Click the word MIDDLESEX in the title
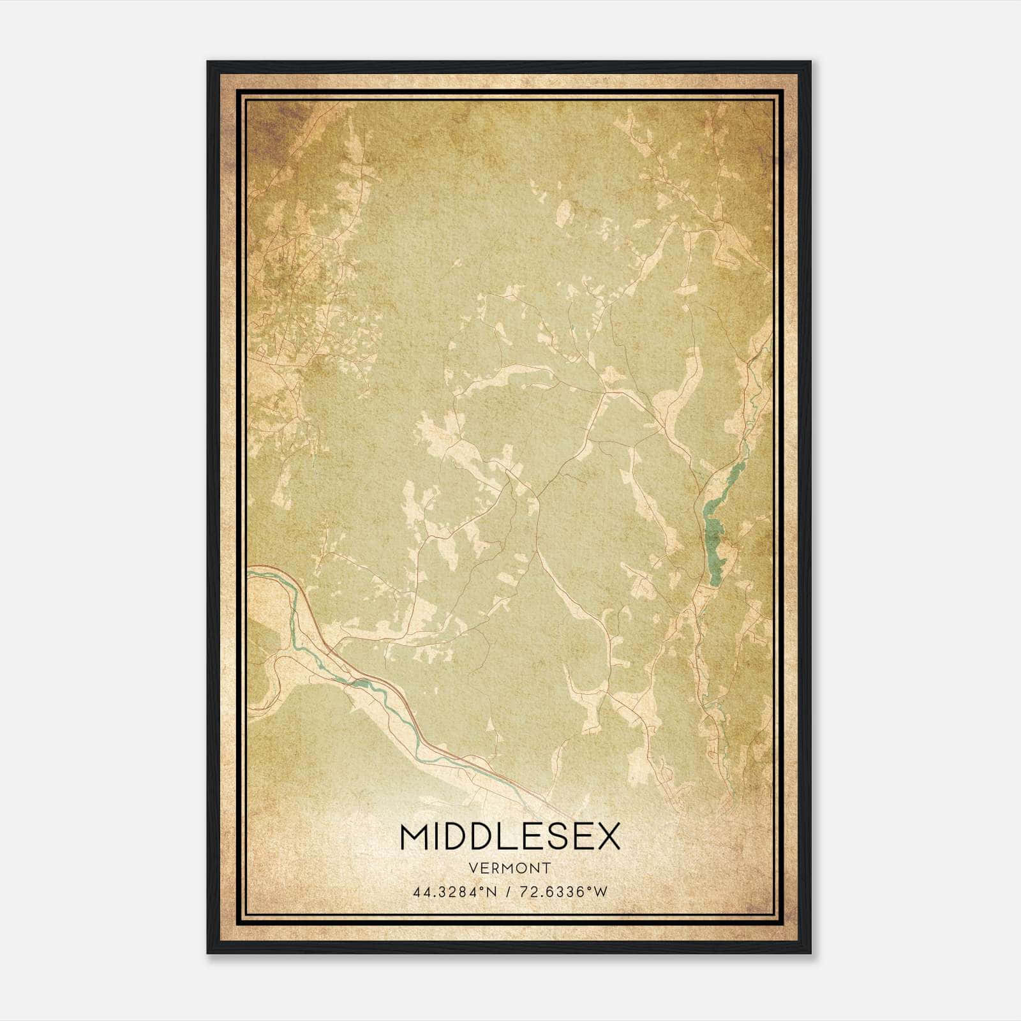(510, 837)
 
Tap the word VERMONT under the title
(510, 868)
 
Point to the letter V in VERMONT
(472, 868)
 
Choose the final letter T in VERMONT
(547, 868)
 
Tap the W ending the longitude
(600, 892)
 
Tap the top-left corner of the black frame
(209, 63)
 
